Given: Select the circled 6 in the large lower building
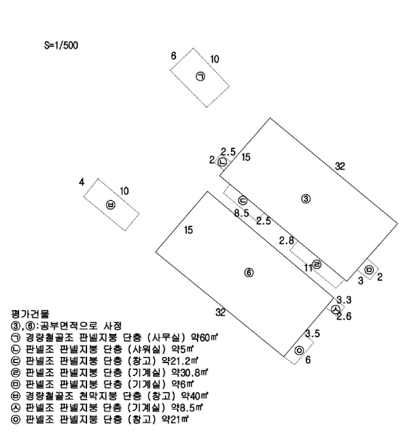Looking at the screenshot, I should pyautogui.click(x=248, y=272).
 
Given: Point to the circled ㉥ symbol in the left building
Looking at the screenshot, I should pyautogui.click(x=111, y=205).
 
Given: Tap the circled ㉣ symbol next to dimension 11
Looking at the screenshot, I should pyautogui.click(x=317, y=264).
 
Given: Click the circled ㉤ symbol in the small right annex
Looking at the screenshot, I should pyautogui.click(x=369, y=270).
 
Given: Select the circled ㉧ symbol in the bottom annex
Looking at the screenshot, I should pyautogui.click(x=299, y=350).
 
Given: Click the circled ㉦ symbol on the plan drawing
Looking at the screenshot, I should pyautogui.click(x=335, y=309).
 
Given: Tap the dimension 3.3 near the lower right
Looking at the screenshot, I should pyautogui.click(x=344, y=300).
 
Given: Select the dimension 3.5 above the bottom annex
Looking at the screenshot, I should pyautogui.click(x=312, y=334).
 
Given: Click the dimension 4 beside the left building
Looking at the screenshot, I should pyautogui.click(x=81, y=182).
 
